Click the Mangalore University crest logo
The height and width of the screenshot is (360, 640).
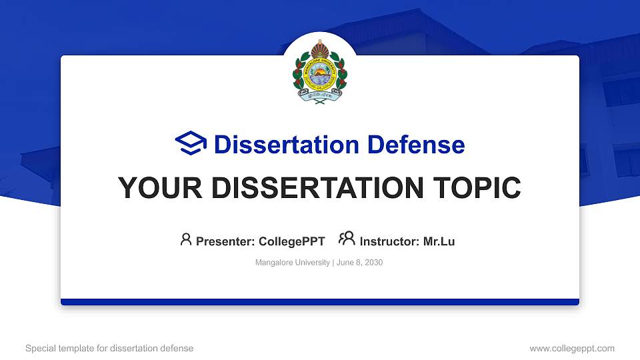pos(320,71)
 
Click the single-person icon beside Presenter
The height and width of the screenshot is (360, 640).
pos(186,239)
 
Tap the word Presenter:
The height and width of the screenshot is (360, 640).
pos(224,241)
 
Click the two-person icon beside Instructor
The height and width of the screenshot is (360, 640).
pos(347,239)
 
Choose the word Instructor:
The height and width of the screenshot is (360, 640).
pos(389,241)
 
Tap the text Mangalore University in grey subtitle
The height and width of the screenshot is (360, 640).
pos(292,263)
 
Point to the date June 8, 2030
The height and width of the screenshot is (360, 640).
pos(359,263)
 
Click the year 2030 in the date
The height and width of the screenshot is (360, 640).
pos(373,263)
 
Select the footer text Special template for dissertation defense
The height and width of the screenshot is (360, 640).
pos(109,348)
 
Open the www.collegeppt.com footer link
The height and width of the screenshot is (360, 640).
pos(572,348)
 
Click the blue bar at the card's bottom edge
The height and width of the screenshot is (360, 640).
pos(320,302)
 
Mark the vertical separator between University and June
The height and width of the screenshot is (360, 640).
pos(333,263)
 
